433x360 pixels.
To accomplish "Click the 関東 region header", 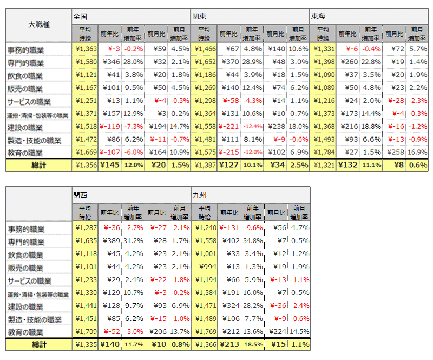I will pyautogui.click(x=200, y=16).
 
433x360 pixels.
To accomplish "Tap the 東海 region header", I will pyautogui.click(x=318, y=16).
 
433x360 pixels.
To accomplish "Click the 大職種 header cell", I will pyautogui.click(x=39, y=24).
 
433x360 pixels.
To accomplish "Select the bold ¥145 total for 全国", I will pyautogui.click(x=110, y=166).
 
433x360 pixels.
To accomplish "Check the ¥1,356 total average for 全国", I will pyautogui.click(x=86, y=166).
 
